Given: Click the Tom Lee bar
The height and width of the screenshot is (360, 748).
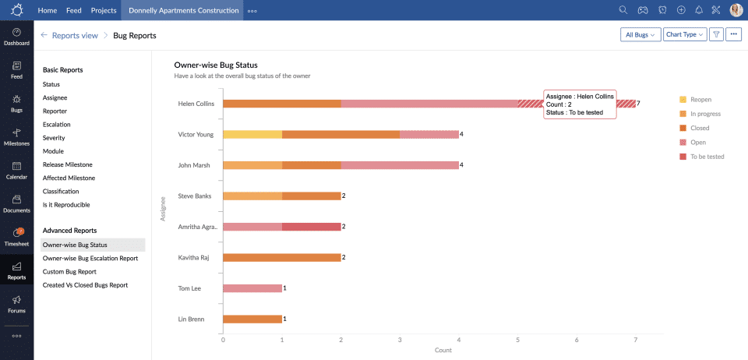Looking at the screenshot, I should [x=252, y=288].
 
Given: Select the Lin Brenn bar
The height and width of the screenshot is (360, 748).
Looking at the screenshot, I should [x=252, y=319].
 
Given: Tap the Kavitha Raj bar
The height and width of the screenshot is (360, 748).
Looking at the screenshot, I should [x=282, y=257].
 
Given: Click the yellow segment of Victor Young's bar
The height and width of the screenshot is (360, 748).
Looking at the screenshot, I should [x=252, y=134].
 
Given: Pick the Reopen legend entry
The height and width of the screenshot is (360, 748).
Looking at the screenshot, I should [x=694, y=100].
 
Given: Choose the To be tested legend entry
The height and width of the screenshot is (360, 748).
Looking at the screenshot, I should [x=700, y=157].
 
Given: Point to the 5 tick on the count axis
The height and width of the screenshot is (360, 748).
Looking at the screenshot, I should [x=518, y=340].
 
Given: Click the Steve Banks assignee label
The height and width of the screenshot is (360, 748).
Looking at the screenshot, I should [x=196, y=196].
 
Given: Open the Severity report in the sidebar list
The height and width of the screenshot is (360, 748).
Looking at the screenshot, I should [x=54, y=138].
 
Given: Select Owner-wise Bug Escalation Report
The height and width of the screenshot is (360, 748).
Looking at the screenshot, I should [x=90, y=258].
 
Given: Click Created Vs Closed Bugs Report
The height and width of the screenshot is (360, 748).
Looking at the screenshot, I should [x=85, y=285].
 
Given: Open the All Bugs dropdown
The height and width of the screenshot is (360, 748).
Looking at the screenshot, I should [x=641, y=35].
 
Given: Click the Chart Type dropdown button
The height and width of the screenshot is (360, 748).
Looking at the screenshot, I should [x=685, y=35].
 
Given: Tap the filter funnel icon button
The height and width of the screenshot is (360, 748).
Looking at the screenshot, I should [x=715, y=35].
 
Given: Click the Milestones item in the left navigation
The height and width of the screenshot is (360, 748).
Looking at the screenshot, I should [x=16, y=137].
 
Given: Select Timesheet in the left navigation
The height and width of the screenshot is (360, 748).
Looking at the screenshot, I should [x=16, y=237].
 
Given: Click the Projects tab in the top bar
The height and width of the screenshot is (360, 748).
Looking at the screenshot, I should [x=103, y=11].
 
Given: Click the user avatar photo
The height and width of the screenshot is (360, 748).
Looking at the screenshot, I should [x=736, y=10].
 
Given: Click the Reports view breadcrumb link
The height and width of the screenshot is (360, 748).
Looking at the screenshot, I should [x=74, y=35].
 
